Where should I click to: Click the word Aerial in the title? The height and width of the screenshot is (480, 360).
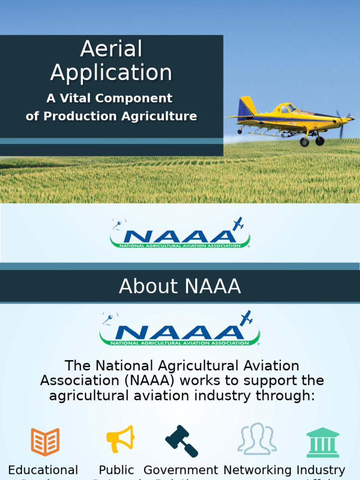[111, 49]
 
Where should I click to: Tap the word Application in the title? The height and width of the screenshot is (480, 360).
[111, 73]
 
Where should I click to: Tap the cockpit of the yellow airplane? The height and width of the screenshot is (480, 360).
[286, 109]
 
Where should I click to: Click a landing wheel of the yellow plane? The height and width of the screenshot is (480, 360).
[305, 142]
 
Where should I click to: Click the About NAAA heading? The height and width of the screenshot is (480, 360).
[180, 286]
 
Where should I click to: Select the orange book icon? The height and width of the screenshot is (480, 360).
[45, 442]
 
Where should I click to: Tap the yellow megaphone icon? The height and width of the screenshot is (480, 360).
[120, 439]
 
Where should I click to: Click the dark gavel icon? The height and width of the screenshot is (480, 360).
[181, 441]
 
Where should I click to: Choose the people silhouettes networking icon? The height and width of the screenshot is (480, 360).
[257, 439]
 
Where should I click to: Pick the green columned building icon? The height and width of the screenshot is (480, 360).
[323, 442]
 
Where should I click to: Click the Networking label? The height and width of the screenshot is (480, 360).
[257, 470]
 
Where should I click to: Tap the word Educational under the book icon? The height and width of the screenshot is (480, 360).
[43, 470]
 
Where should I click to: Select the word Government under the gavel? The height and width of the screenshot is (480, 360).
[181, 470]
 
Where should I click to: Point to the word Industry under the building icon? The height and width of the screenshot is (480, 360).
[321, 470]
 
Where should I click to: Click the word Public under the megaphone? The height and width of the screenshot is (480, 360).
[116, 470]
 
